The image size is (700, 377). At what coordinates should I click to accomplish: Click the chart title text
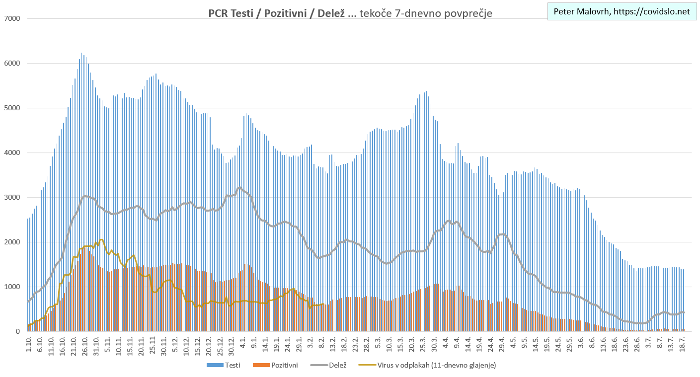pos(350,13)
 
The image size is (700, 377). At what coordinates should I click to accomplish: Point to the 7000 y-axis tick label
pos(12,19)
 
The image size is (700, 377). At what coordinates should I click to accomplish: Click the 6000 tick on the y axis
pos(12,64)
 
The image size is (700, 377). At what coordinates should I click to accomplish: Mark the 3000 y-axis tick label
pos(12,198)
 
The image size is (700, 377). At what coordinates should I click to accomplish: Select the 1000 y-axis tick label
pos(12,287)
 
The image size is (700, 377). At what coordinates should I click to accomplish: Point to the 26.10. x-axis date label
pos(85,345)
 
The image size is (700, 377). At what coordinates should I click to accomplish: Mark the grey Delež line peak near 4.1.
pos(240,188)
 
